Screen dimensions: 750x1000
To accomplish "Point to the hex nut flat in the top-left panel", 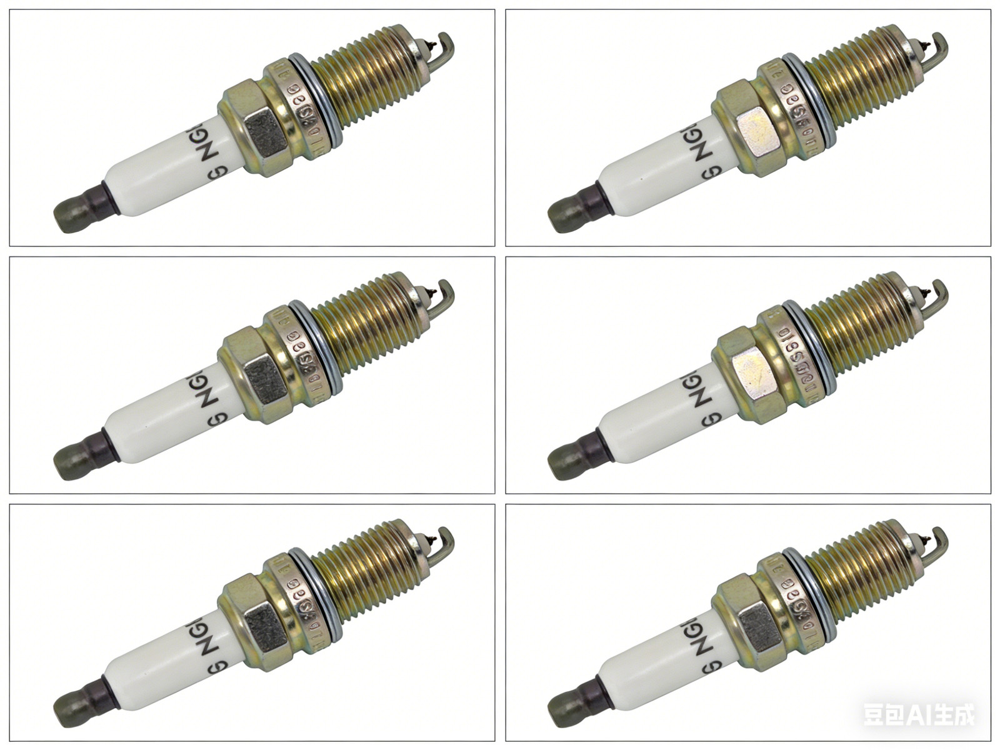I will click(x=265, y=134).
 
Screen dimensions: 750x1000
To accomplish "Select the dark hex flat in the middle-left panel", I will click(x=265, y=381).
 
